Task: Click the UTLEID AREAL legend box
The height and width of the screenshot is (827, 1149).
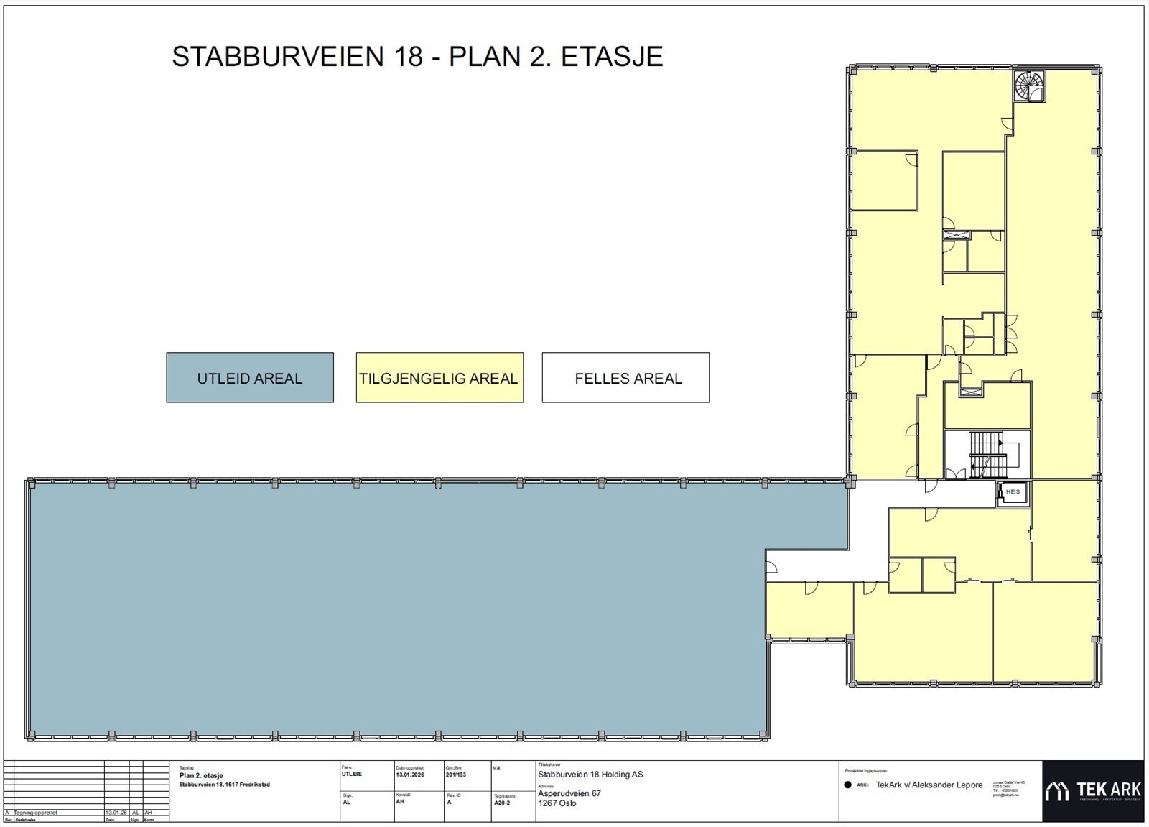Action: tap(249, 378)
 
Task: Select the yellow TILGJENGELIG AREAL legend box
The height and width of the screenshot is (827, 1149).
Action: tap(439, 378)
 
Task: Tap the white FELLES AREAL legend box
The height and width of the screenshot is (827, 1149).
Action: tap(626, 378)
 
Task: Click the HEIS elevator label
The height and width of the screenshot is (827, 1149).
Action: tap(1013, 492)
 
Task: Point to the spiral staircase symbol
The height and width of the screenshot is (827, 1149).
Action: tap(1029, 87)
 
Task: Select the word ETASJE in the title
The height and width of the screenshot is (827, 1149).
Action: tap(611, 57)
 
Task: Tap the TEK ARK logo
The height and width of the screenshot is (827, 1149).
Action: tap(1092, 791)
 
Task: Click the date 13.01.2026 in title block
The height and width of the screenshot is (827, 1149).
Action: tap(410, 775)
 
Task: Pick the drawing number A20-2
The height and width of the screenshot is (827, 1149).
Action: tap(502, 803)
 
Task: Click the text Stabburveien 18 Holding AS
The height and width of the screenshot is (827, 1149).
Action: tap(590, 775)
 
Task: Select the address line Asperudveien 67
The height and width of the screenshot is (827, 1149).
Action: tap(569, 793)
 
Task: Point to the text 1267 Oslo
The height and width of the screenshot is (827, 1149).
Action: tap(557, 803)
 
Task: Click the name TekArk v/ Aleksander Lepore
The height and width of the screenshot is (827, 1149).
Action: tap(929, 785)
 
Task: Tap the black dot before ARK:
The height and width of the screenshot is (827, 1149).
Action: tap(848, 785)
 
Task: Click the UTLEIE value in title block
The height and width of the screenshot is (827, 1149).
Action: tap(352, 775)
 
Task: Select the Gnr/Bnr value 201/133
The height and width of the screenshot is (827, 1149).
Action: tap(456, 775)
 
